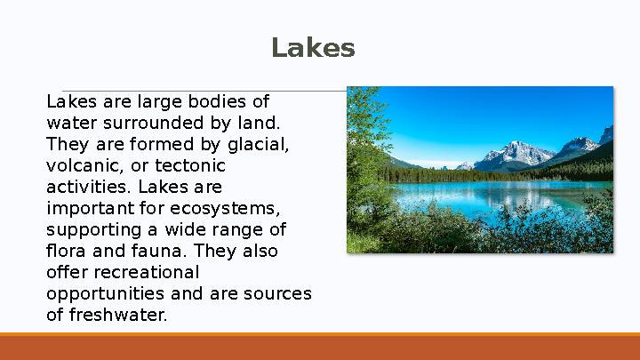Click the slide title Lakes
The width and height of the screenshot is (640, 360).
[x=313, y=48]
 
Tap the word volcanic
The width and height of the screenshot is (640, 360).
[x=81, y=165]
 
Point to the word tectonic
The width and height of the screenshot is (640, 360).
[x=190, y=165]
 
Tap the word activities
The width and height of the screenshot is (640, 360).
[x=86, y=187]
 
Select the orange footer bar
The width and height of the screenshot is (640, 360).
[x=320, y=347]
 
